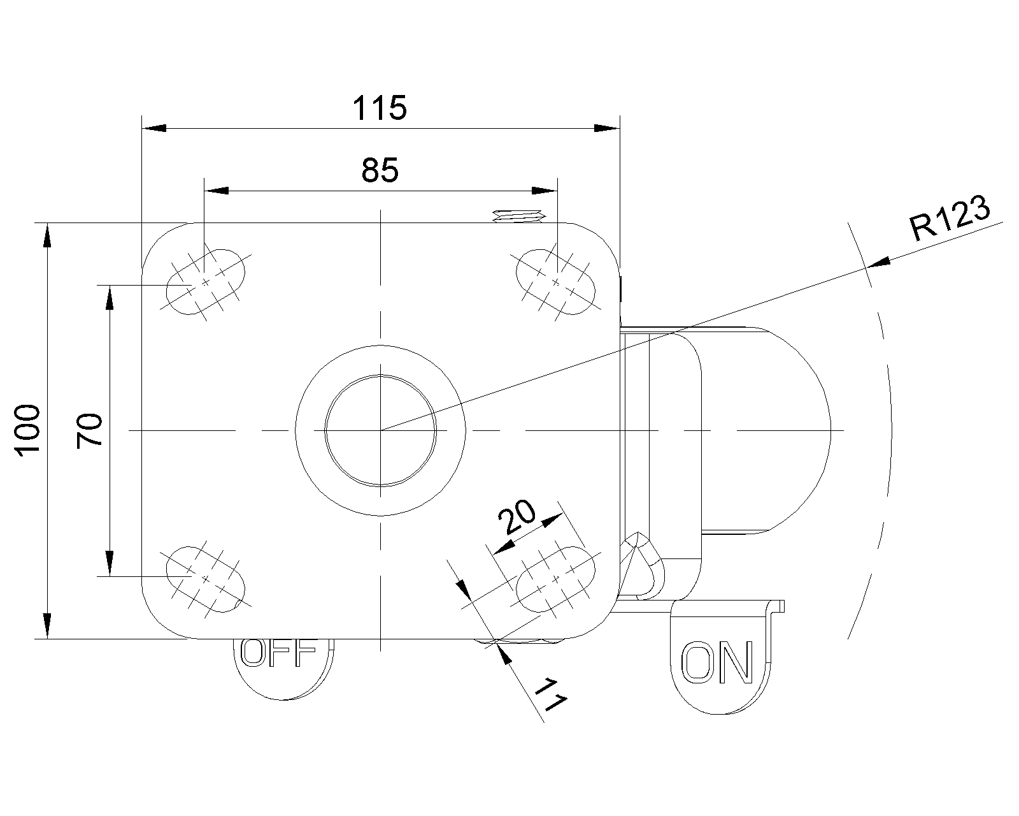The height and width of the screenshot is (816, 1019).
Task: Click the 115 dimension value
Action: (380, 108)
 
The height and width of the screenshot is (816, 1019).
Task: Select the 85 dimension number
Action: (380, 170)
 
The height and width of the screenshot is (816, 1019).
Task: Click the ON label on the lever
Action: (717, 662)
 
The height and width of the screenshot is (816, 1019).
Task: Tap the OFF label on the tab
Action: (279, 653)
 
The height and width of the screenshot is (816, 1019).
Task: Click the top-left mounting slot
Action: (205, 281)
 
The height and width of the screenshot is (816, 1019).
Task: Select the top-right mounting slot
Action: (555, 281)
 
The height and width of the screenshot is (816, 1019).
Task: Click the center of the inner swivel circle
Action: (380, 430)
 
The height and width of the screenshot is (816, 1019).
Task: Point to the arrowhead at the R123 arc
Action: (880, 262)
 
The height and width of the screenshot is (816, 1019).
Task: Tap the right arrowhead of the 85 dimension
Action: (544, 190)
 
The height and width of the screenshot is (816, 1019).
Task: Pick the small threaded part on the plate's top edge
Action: (517, 216)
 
